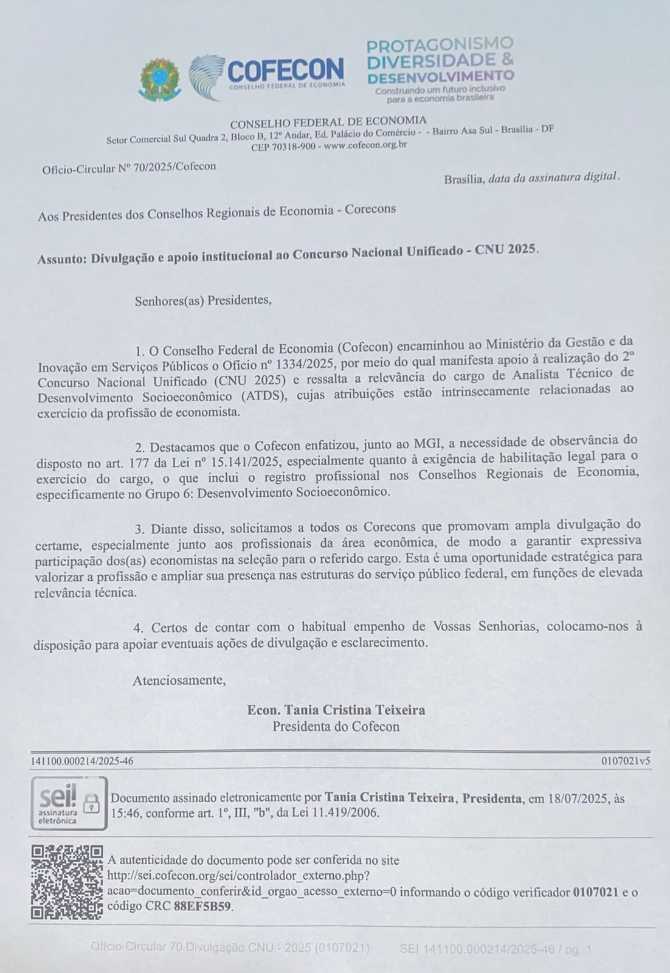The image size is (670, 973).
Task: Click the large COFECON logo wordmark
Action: [x=285, y=70]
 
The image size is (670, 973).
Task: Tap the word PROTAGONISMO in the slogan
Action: [x=440, y=44]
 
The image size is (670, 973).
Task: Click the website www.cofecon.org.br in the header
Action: [x=365, y=145]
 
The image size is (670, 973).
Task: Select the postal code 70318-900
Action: [x=293, y=147]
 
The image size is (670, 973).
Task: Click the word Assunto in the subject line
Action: [x=62, y=258]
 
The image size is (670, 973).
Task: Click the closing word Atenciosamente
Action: [x=179, y=680]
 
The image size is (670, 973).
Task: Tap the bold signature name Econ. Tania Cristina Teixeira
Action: [x=336, y=710]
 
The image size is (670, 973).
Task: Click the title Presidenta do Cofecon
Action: [x=336, y=726]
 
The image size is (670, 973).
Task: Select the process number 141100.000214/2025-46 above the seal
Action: [x=82, y=761]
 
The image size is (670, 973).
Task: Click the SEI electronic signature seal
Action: [x=69, y=803]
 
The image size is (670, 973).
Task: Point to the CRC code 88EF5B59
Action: [x=202, y=905]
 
